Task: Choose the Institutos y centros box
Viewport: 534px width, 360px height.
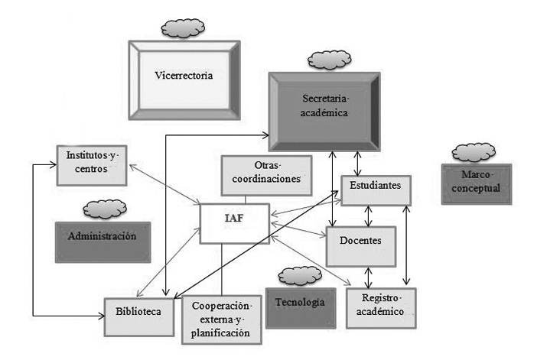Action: [91, 164]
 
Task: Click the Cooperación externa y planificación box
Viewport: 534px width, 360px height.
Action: [220, 319]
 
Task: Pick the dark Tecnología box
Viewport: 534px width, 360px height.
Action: [301, 302]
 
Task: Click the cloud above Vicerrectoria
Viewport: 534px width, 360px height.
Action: [181, 30]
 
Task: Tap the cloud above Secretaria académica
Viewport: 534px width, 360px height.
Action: [327, 59]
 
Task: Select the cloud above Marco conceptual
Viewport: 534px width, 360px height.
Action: [474, 151]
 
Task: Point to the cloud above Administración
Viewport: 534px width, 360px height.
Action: [104, 208]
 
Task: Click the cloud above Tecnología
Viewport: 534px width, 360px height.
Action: [299, 275]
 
